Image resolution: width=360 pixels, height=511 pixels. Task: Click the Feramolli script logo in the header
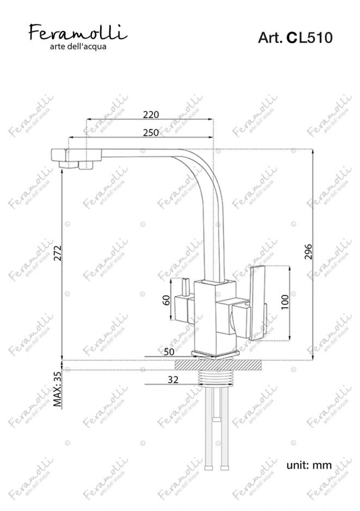tap(78, 32)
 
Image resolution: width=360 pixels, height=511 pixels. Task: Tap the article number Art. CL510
tap(295, 38)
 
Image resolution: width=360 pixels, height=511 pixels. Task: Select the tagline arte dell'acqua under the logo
tap(78, 47)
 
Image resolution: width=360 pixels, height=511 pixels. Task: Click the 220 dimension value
tap(151, 115)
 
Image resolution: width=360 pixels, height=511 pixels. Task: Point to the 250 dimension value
tap(151, 133)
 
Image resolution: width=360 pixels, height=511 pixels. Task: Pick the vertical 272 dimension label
tap(58, 253)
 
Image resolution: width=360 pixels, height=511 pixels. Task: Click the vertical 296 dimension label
tap(308, 252)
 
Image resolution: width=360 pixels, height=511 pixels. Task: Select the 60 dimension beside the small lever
tap(166, 300)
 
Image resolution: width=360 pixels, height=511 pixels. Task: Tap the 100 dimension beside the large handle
tap(284, 302)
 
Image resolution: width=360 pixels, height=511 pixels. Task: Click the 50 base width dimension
tap(169, 352)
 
